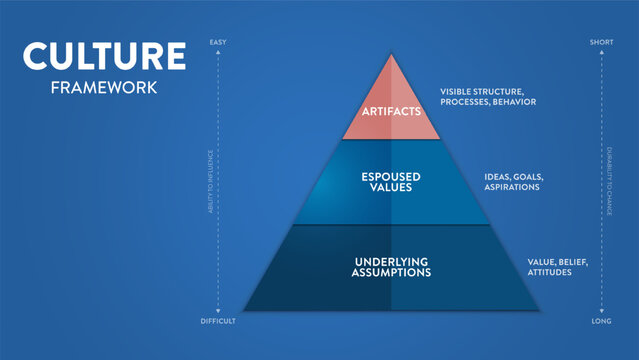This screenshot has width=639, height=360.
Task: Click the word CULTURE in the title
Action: [x=105, y=56]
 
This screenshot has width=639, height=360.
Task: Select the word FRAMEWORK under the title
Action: [x=104, y=87]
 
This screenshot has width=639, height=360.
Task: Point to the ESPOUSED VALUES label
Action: [x=391, y=182]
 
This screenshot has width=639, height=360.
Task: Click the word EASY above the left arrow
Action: [x=217, y=41]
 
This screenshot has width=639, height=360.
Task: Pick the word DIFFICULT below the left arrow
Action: [x=217, y=320]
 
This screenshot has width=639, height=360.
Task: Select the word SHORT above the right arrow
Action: [x=602, y=41]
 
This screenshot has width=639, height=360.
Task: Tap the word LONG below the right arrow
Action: [x=602, y=320]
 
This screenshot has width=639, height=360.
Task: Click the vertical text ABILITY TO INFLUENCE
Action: [x=210, y=180]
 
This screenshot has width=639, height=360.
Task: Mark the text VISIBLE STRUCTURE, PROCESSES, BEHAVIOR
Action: [x=488, y=97]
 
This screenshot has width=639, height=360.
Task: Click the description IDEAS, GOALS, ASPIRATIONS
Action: [x=513, y=182]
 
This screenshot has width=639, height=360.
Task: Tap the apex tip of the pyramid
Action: [x=391, y=52]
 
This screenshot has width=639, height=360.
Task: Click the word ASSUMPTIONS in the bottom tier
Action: [x=391, y=272]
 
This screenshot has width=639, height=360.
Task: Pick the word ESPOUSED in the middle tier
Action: [x=391, y=176]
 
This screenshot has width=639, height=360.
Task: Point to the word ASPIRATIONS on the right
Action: [x=513, y=188]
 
